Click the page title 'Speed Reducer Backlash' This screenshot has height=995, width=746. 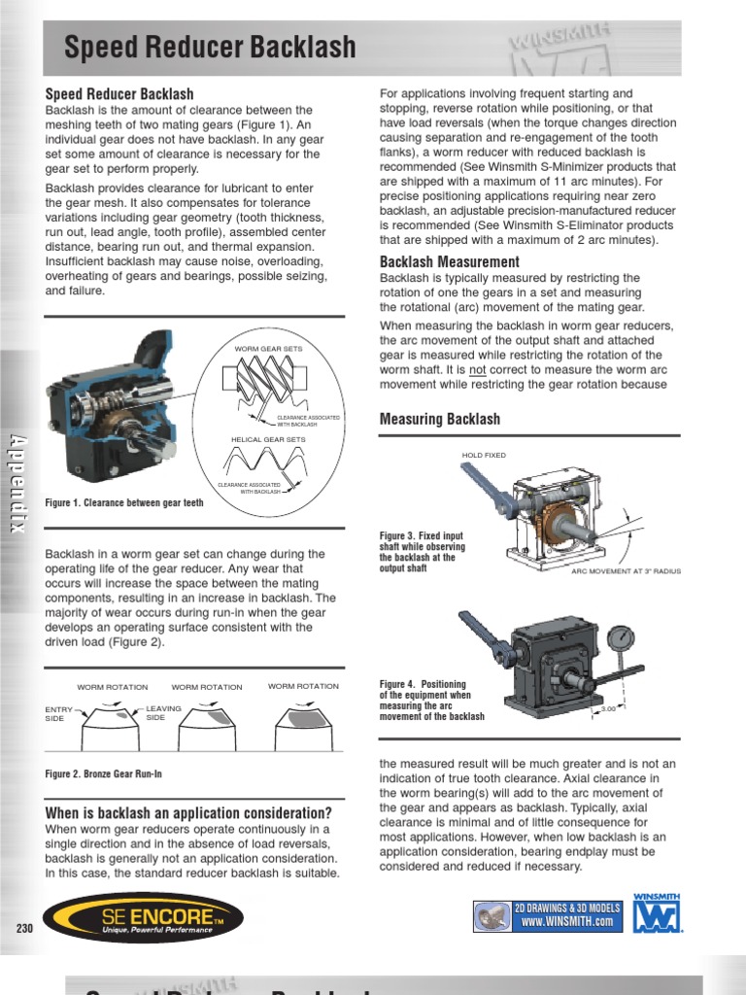[x=210, y=47]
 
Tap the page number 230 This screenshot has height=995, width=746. [x=24, y=928]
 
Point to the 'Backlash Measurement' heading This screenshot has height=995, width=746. [x=449, y=261]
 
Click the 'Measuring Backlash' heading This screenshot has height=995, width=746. [x=439, y=419]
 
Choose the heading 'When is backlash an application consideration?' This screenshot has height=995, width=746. [x=188, y=812]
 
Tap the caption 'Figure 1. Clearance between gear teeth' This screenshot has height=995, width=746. [x=124, y=502]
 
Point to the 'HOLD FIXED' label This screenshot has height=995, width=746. [x=484, y=455]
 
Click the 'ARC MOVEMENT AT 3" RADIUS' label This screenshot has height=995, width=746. [x=626, y=571]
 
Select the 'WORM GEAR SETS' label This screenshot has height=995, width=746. [x=268, y=348]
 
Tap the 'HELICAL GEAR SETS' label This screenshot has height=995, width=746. [x=268, y=439]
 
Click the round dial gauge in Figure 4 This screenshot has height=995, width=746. [x=620, y=638]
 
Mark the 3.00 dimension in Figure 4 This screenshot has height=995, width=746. [x=609, y=709]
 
